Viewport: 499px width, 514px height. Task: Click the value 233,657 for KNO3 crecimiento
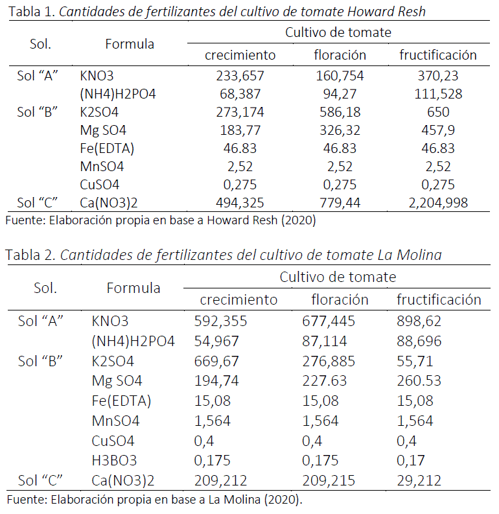point(240,76)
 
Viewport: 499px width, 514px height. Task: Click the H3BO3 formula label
point(115,461)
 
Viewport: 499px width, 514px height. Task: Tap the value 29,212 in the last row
point(419,481)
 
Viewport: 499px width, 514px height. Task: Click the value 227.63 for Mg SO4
point(325,381)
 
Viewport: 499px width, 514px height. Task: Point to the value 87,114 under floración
point(325,341)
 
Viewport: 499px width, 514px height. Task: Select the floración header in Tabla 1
point(340,55)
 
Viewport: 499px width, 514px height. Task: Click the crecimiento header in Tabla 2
point(238,299)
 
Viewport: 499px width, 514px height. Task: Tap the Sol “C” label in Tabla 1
point(38,203)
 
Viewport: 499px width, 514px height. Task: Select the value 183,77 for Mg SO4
point(240,130)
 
